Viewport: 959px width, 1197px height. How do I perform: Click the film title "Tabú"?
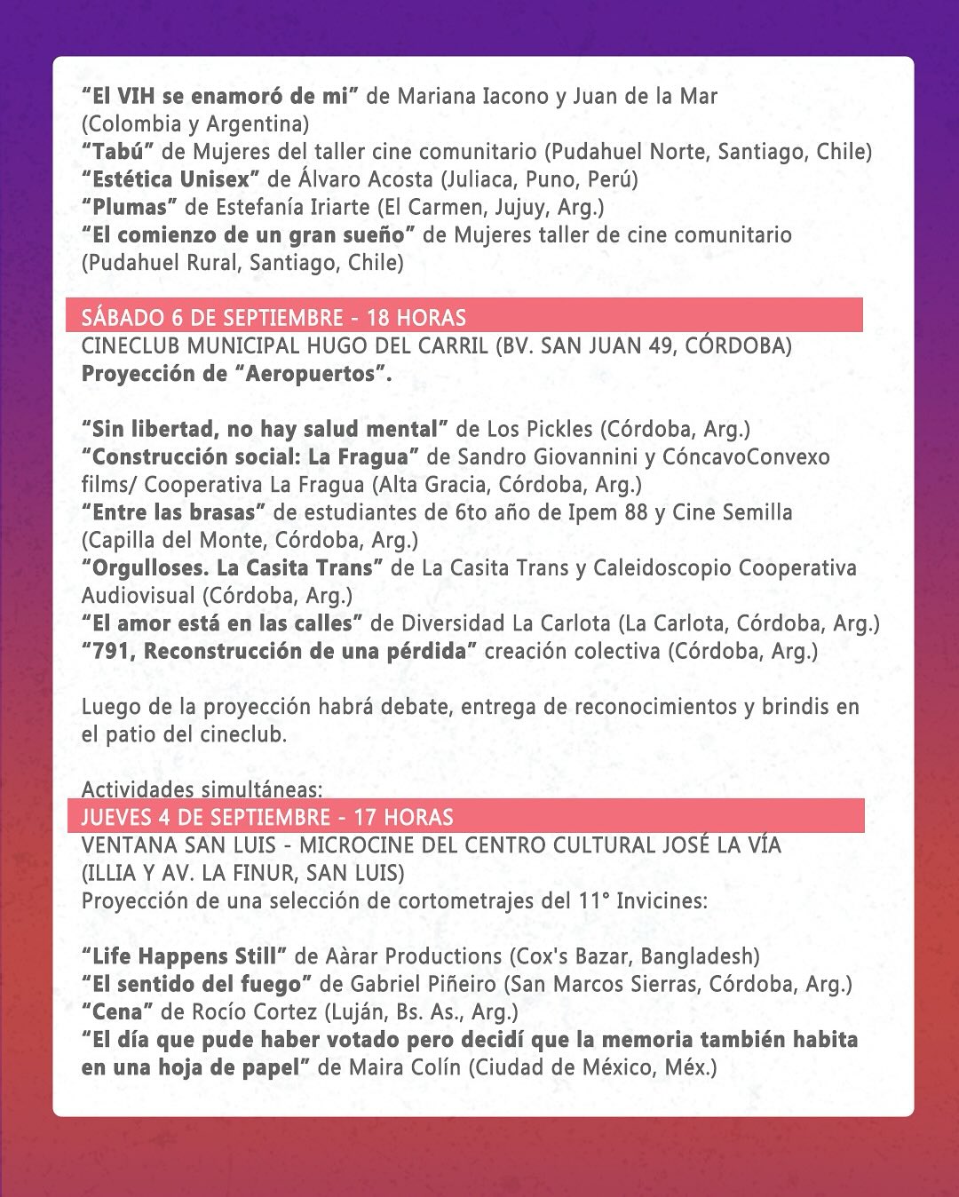pyautogui.click(x=117, y=152)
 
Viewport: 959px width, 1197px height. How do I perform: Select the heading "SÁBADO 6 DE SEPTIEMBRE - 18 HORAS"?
pyautogui.click(x=273, y=318)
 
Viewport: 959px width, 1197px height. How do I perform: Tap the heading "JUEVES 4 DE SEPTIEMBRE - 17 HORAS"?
pyautogui.click(x=267, y=817)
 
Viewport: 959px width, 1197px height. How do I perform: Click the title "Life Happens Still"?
pyautogui.click(x=184, y=956)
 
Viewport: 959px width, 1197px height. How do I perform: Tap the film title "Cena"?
pyautogui.click(x=117, y=1011)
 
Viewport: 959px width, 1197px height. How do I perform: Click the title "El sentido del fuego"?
pyautogui.click(x=196, y=984)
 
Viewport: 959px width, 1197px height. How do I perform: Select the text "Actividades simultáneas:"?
pyautogui.click(x=202, y=789)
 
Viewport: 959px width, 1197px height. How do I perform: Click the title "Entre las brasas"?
pyautogui.click(x=174, y=512)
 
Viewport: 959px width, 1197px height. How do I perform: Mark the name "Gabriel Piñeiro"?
pyautogui.click(x=423, y=984)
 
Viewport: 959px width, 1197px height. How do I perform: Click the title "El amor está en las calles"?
pyautogui.click(x=222, y=623)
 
